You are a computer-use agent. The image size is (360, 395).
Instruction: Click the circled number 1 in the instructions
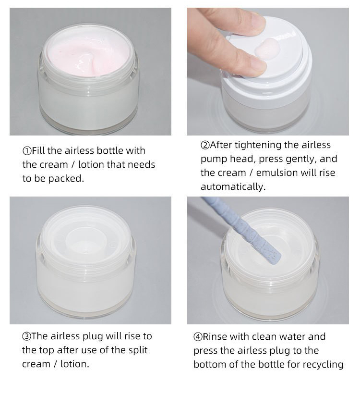click(27, 151)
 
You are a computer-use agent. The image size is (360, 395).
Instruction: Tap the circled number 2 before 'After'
click(205, 145)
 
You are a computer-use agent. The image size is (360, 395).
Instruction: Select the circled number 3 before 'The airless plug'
click(26, 336)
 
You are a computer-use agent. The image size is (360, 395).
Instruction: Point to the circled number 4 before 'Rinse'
click(198, 337)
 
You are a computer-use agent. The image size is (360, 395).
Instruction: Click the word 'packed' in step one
click(66, 179)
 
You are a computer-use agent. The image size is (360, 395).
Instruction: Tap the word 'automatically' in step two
click(233, 187)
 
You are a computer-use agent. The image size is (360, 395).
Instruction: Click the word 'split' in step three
click(138, 350)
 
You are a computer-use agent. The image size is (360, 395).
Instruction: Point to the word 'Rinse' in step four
click(215, 336)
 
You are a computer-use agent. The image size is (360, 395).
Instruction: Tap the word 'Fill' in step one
click(38, 150)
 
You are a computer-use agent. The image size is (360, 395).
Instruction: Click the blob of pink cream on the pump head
click(267, 49)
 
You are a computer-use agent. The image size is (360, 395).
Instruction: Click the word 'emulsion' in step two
click(275, 173)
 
